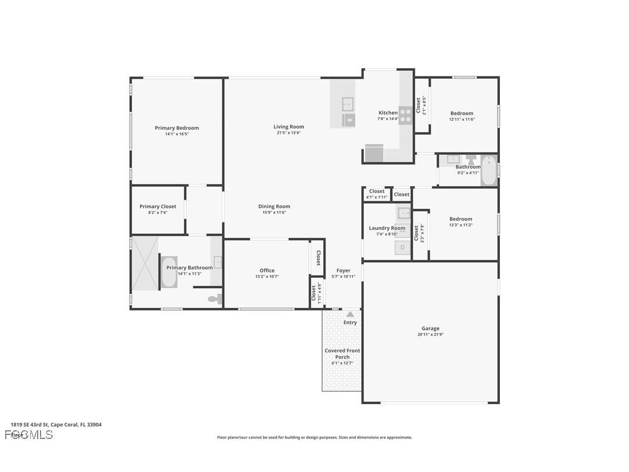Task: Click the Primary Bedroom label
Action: (x=177, y=128)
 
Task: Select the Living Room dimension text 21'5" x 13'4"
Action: (x=288, y=133)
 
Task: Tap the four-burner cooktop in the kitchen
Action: (x=405, y=115)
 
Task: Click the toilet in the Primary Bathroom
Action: (x=215, y=299)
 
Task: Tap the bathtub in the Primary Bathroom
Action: (x=169, y=272)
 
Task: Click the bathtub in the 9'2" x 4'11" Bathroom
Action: (x=489, y=170)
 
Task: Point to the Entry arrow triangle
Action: (x=350, y=314)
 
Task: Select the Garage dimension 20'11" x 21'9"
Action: (x=430, y=335)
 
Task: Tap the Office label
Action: (x=267, y=270)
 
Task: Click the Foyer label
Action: (x=343, y=270)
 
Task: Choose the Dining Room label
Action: (x=275, y=206)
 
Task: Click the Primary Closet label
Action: (x=158, y=206)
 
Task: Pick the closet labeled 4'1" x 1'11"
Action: (x=376, y=194)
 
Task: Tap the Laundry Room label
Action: (x=387, y=228)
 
